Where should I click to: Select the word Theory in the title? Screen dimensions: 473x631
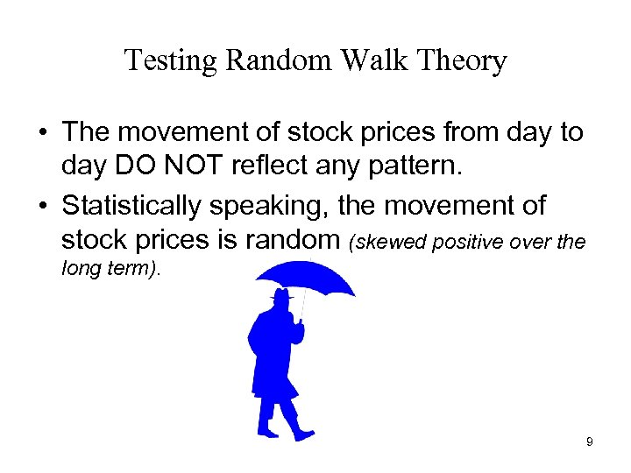click(x=463, y=61)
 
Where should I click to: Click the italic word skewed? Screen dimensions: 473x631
click(x=383, y=242)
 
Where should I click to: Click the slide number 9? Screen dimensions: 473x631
click(x=590, y=442)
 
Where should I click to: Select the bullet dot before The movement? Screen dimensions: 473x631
click(x=43, y=134)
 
